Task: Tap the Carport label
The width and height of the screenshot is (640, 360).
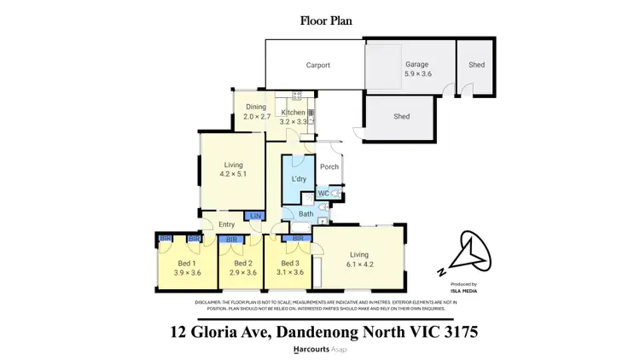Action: (318, 65)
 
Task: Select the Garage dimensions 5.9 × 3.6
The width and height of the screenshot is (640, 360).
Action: (416, 74)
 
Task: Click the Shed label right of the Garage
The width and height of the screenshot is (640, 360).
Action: (475, 64)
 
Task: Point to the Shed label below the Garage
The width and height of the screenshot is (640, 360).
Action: (402, 117)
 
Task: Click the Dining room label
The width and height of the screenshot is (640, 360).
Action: (257, 107)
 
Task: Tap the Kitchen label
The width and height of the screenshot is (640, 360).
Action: (294, 113)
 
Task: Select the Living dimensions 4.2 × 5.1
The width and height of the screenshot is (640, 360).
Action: (234, 174)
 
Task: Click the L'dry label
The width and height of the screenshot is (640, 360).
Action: (299, 178)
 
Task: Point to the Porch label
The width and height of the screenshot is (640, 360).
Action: (329, 167)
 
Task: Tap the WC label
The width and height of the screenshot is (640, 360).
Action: (323, 194)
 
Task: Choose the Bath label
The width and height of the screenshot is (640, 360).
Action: (305, 214)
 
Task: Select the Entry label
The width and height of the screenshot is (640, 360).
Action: (226, 224)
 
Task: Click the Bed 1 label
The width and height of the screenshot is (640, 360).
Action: (188, 264)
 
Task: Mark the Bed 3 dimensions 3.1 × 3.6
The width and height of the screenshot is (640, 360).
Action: (289, 273)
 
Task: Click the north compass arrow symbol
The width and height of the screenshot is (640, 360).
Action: (470, 253)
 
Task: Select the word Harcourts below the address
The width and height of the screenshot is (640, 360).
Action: (312, 350)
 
